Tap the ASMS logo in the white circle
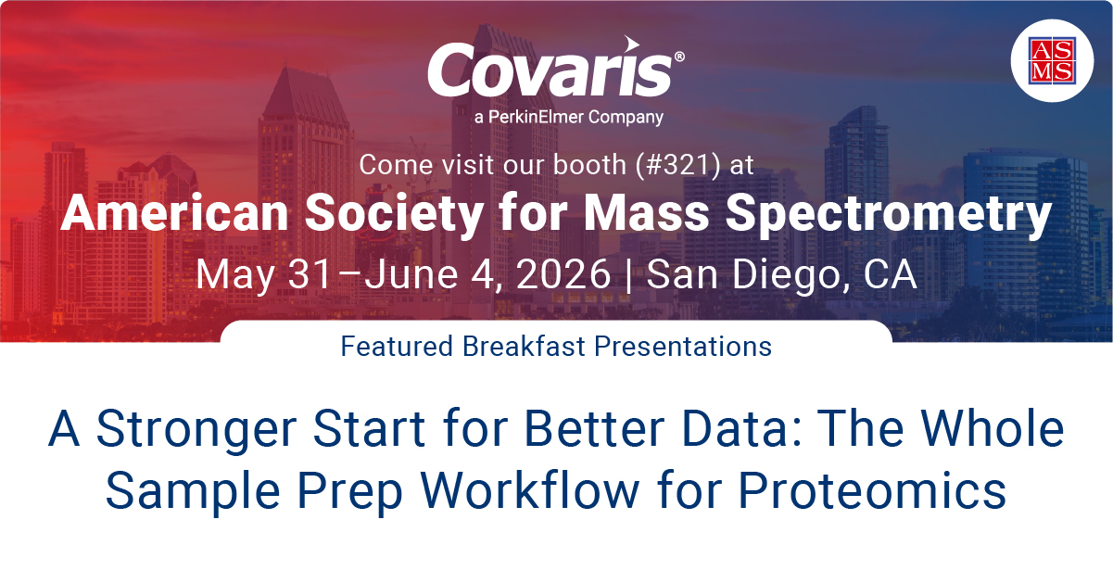point(1052,60)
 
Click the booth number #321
point(678,164)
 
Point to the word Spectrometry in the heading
point(889,214)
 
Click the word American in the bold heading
point(174,213)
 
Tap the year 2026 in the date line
point(563,274)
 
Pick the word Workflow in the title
point(530,489)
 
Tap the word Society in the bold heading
point(394,214)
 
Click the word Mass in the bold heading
point(646,213)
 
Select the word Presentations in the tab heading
point(683,346)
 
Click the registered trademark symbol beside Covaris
point(679,57)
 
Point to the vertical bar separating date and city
point(628,275)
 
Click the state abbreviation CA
point(890,274)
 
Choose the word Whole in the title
point(993,427)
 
